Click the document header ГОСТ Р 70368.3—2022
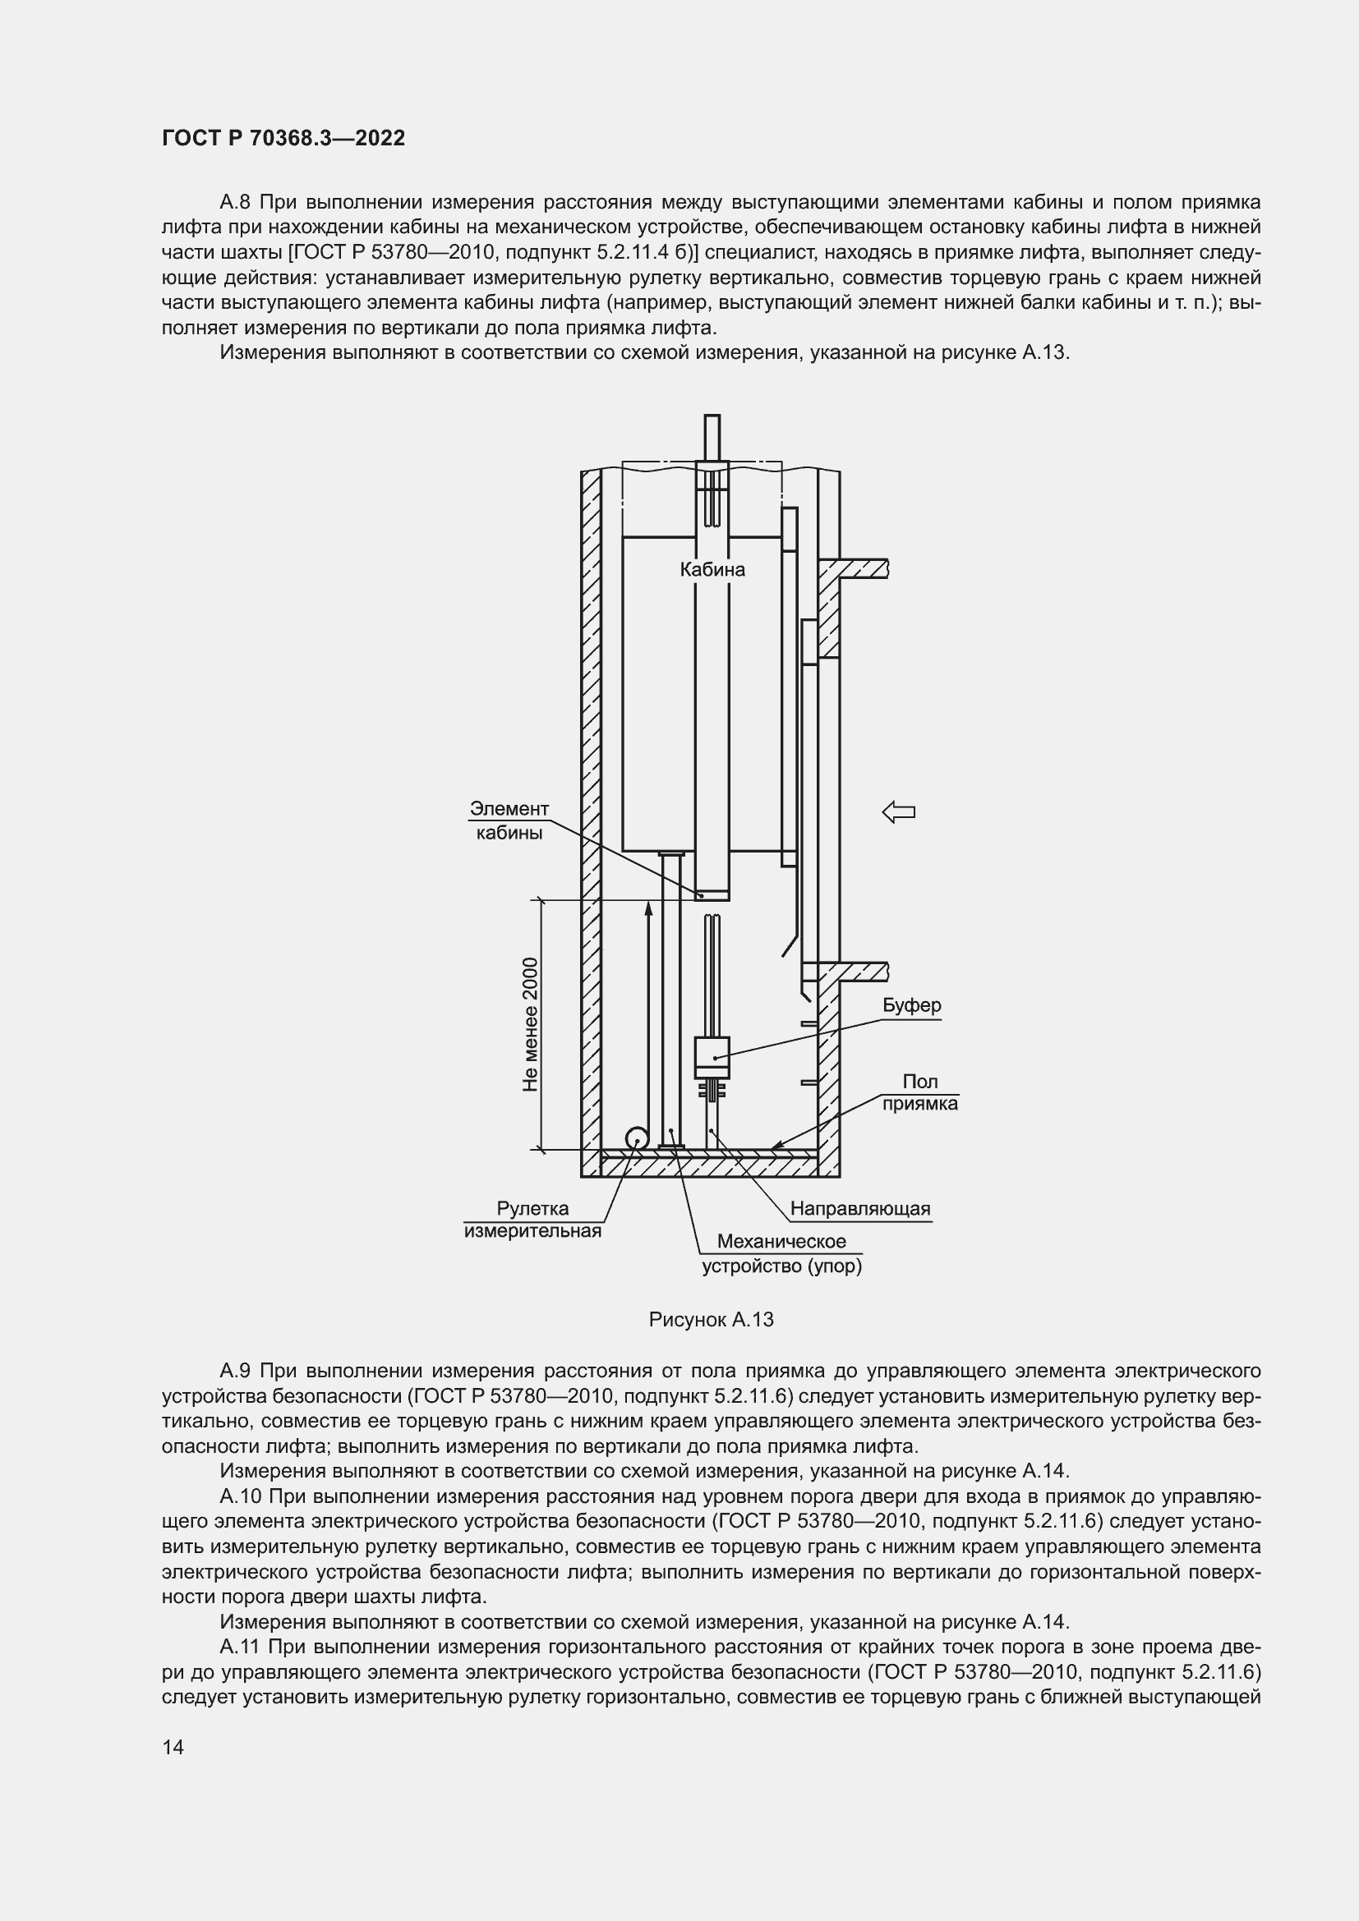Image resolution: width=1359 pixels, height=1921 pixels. [283, 138]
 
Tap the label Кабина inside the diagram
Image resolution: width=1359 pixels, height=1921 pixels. [712, 570]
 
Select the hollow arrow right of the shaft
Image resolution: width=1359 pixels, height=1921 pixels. [899, 811]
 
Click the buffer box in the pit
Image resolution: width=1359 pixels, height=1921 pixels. [712, 1057]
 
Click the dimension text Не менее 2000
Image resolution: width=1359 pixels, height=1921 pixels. [530, 1024]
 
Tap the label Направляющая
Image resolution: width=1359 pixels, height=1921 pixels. [859, 1208]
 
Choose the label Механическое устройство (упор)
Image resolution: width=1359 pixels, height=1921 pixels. [781, 1253]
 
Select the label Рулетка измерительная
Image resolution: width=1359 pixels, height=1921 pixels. [532, 1220]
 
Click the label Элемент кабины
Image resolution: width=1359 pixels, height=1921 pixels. [509, 820]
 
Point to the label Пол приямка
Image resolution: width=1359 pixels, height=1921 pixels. [919, 1092]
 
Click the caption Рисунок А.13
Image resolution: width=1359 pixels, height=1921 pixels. [711, 1320]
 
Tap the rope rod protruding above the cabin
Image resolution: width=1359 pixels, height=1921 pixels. [712, 436]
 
